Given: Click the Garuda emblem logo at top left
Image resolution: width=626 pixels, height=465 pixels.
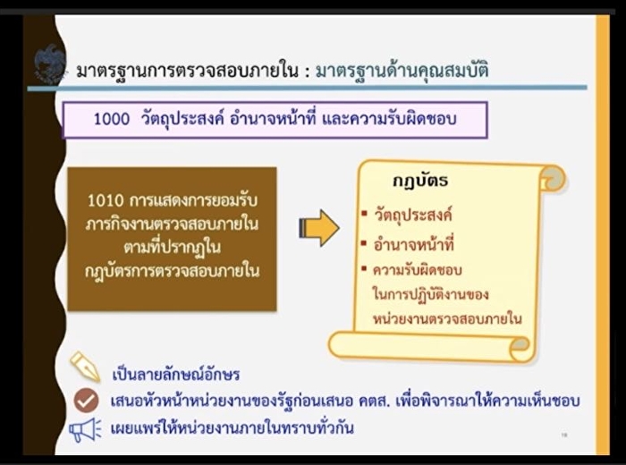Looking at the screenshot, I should [x=50, y=65].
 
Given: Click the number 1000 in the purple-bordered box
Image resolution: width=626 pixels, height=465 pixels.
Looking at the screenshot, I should [x=112, y=119].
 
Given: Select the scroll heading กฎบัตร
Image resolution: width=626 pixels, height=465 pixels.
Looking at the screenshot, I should [x=420, y=182].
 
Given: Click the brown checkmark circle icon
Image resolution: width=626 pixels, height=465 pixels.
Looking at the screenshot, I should [x=86, y=400].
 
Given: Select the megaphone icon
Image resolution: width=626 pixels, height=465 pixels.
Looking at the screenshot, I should [x=86, y=430].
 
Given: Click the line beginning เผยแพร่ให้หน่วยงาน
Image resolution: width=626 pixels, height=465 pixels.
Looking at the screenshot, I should [x=233, y=428].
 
